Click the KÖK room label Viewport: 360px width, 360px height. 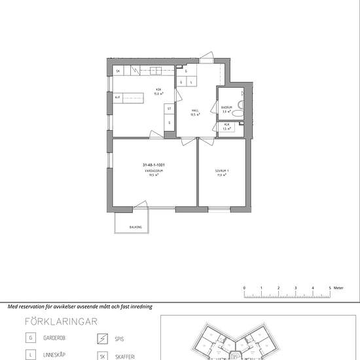point(158,90)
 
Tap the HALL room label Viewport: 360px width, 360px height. point(194,111)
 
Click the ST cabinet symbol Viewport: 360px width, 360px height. point(169,109)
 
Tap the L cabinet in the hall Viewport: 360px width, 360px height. point(191,82)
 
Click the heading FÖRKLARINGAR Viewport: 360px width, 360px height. point(61,321)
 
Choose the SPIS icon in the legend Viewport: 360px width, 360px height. point(101,339)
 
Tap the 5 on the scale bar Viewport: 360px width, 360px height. point(331,287)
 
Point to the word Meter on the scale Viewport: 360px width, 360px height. point(338,287)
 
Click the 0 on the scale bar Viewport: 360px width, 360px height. point(244,287)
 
